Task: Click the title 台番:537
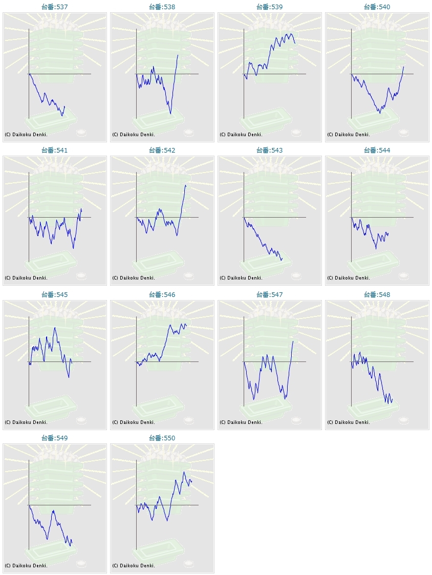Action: (54, 7)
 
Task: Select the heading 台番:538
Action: (162, 7)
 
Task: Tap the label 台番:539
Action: (269, 7)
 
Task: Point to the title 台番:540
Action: (377, 7)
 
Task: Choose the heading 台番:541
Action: (54, 151)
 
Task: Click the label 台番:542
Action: (162, 151)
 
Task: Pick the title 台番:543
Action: (269, 151)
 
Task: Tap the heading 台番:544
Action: (377, 151)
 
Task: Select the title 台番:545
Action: (54, 295)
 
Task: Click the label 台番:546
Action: (162, 295)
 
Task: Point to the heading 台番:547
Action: (269, 295)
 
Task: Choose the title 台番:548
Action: (377, 295)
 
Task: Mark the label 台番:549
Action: (54, 438)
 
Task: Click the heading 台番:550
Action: (162, 438)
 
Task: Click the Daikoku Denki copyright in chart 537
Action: (26, 135)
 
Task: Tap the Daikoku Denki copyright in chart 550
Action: (134, 566)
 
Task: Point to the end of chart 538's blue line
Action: (178, 55)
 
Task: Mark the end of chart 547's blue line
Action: (293, 341)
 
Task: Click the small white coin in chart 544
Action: (404, 276)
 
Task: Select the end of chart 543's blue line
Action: (282, 258)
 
